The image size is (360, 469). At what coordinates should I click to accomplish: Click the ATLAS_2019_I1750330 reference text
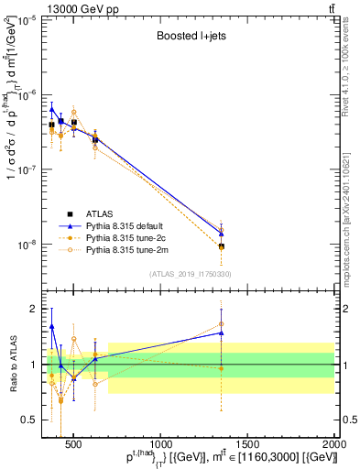pos(189,274)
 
